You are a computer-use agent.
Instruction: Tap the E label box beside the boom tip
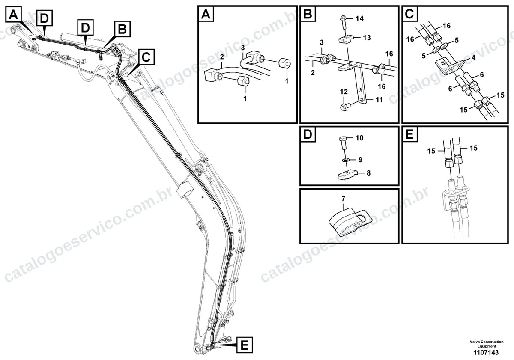245,345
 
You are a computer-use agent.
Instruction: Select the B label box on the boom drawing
123,29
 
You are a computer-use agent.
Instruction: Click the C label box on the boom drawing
146,57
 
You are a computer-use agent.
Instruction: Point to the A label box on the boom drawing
13,15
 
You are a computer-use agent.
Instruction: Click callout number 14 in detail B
359,18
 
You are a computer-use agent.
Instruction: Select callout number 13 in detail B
367,38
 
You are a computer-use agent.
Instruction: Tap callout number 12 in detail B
344,92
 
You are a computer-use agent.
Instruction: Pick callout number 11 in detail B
379,100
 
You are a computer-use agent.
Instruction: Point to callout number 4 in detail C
473,58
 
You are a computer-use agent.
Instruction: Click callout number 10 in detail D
359,138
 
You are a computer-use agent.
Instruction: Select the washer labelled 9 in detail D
345,160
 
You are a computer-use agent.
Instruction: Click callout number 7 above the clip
343,199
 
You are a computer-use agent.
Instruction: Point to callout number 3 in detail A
243,48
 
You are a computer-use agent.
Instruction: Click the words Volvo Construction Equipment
487,344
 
